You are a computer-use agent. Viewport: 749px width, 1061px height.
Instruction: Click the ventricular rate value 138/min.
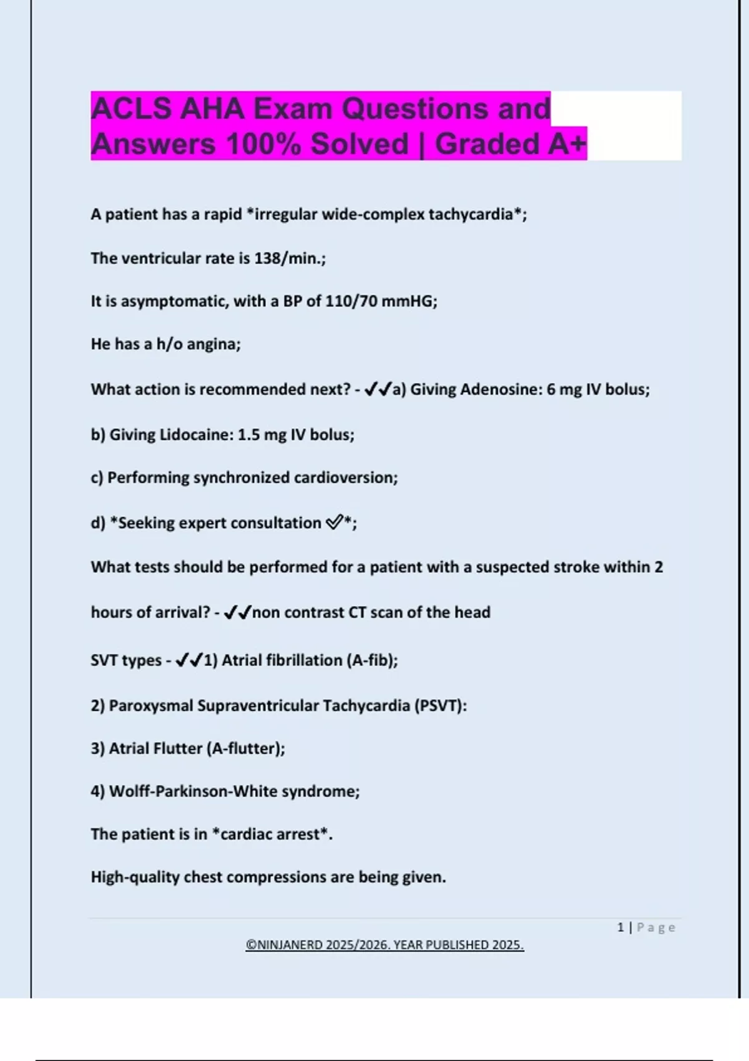point(288,258)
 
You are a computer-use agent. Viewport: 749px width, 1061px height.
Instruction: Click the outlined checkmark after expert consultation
point(334,522)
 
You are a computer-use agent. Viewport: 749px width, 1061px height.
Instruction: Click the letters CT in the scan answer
point(357,612)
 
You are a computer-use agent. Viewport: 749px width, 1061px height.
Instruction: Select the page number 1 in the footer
point(620,927)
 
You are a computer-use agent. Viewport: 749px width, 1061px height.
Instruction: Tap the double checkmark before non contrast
point(237,612)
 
